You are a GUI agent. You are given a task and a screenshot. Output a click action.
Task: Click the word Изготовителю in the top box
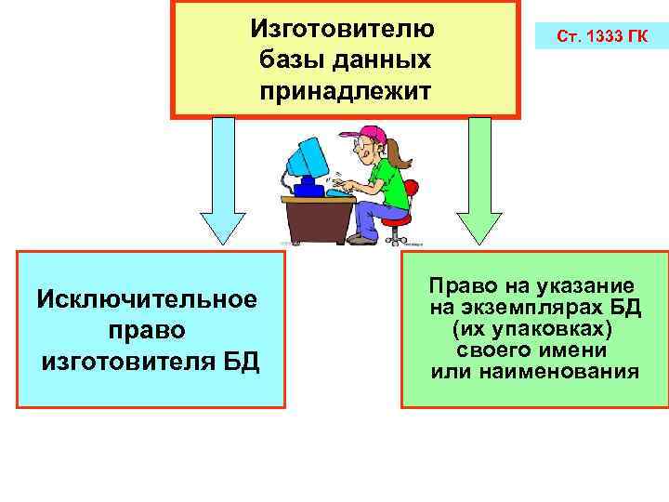pyautogui.click(x=342, y=27)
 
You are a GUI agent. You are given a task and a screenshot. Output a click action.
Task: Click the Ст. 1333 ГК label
pyautogui.click(x=602, y=38)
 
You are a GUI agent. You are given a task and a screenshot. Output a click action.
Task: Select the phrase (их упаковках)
pyautogui.click(x=532, y=329)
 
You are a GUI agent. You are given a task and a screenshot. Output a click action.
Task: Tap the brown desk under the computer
pyautogui.click(x=316, y=218)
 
